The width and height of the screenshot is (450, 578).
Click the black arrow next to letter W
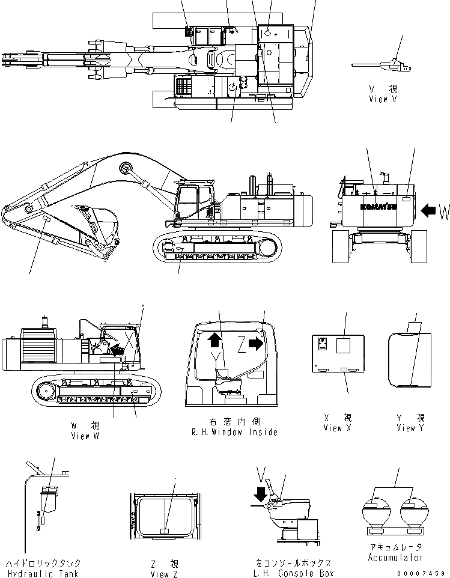(x=428, y=211)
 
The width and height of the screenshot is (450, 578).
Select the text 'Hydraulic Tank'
(x=43, y=573)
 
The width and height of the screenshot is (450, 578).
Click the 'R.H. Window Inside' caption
(x=234, y=432)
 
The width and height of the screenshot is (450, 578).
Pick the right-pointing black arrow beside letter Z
(x=255, y=343)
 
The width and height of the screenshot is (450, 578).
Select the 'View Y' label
(x=410, y=428)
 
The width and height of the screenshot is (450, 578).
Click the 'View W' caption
(x=85, y=436)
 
